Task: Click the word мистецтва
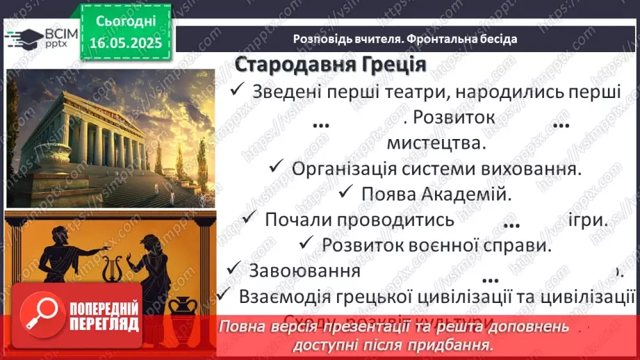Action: pyautogui.click(x=434, y=143)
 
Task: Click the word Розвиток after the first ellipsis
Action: pyautogui.click(x=453, y=117)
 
